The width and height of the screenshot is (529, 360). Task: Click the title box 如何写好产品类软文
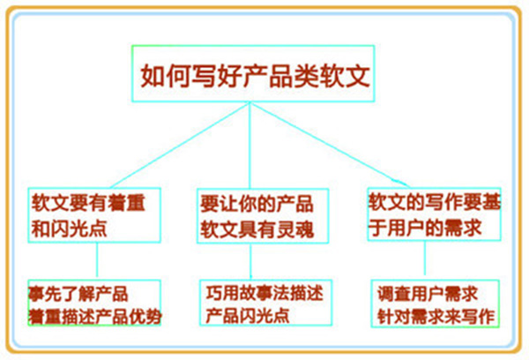251,74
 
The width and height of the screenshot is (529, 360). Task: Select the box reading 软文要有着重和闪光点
94,213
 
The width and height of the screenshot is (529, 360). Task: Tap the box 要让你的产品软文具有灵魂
254,214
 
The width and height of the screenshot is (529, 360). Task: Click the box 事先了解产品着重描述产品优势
94,303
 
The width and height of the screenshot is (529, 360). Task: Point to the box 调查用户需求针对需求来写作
435,303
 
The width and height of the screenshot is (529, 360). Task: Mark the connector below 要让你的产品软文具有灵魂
252,262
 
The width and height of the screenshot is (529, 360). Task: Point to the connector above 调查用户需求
426,260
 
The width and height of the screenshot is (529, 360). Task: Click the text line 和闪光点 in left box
65,226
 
